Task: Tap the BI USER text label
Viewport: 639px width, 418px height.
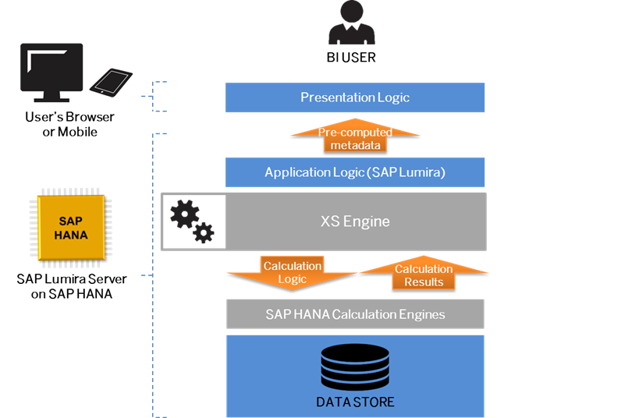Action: [351, 58]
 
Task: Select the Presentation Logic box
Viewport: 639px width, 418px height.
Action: [355, 97]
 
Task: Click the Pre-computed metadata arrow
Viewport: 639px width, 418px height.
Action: [355, 139]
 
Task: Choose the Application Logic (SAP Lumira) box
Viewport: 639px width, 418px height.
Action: [355, 172]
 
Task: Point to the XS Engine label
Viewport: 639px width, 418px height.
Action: [355, 221]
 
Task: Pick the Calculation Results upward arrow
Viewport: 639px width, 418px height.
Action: [424, 275]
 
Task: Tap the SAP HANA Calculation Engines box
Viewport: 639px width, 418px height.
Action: [355, 314]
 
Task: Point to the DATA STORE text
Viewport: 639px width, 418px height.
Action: [355, 402]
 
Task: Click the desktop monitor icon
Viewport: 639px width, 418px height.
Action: [51, 75]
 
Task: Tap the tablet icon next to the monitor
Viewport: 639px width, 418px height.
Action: [111, 82]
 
